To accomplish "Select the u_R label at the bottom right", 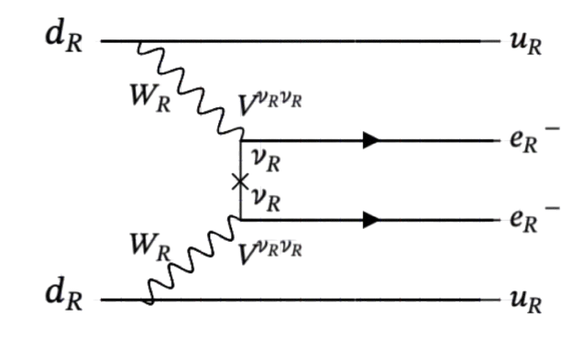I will pos(524,302).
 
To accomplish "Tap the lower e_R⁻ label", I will pos(529,222).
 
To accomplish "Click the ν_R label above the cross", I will pos(267,162).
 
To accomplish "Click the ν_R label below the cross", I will pos(267,199).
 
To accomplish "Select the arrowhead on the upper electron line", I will pos(371,141).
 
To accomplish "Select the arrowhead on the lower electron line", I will pos(371,220).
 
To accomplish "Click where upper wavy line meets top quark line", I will pos(140,42).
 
